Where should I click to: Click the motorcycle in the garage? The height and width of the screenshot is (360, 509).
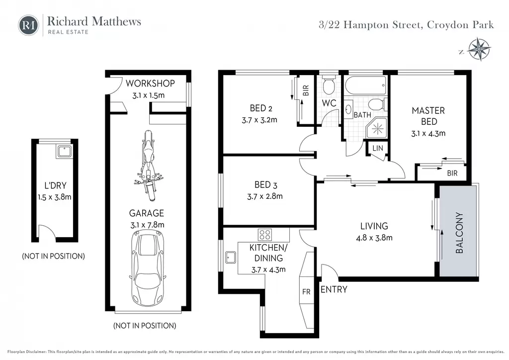(x=148, y=166)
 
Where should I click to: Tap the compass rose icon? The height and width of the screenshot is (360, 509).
(x=480, y=49)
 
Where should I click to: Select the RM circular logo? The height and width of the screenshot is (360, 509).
(x=28, y=25)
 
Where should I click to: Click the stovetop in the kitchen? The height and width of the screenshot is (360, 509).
(x=265, y=234)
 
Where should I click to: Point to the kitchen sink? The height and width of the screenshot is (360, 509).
(x=231, y=257)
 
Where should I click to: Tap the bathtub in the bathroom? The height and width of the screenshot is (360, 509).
(x=365, y=85)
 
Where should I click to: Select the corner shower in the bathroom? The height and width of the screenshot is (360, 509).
(x=377, y=129)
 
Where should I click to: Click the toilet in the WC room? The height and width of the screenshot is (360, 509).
(x=329, y=85)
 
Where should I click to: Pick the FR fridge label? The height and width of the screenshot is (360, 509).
(x=306, y=292)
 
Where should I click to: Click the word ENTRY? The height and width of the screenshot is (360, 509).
(x=334, y=289)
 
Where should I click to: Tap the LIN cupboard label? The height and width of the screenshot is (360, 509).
(x=378, y=148)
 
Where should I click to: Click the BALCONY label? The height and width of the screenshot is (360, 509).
(x=459, y=233)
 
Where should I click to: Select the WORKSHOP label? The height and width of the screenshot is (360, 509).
(x=150, y=84)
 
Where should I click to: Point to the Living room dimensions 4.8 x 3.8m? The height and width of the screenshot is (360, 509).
(x=374, y=238)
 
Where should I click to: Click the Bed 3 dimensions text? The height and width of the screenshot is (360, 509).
(x=265, y=196)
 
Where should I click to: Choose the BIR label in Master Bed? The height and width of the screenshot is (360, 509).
(x=452, y=173)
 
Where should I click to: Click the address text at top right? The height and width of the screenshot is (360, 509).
(x=406, y=25)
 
